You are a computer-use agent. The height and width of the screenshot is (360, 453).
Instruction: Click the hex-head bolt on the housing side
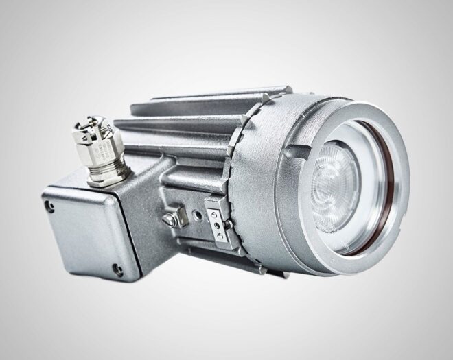167,219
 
